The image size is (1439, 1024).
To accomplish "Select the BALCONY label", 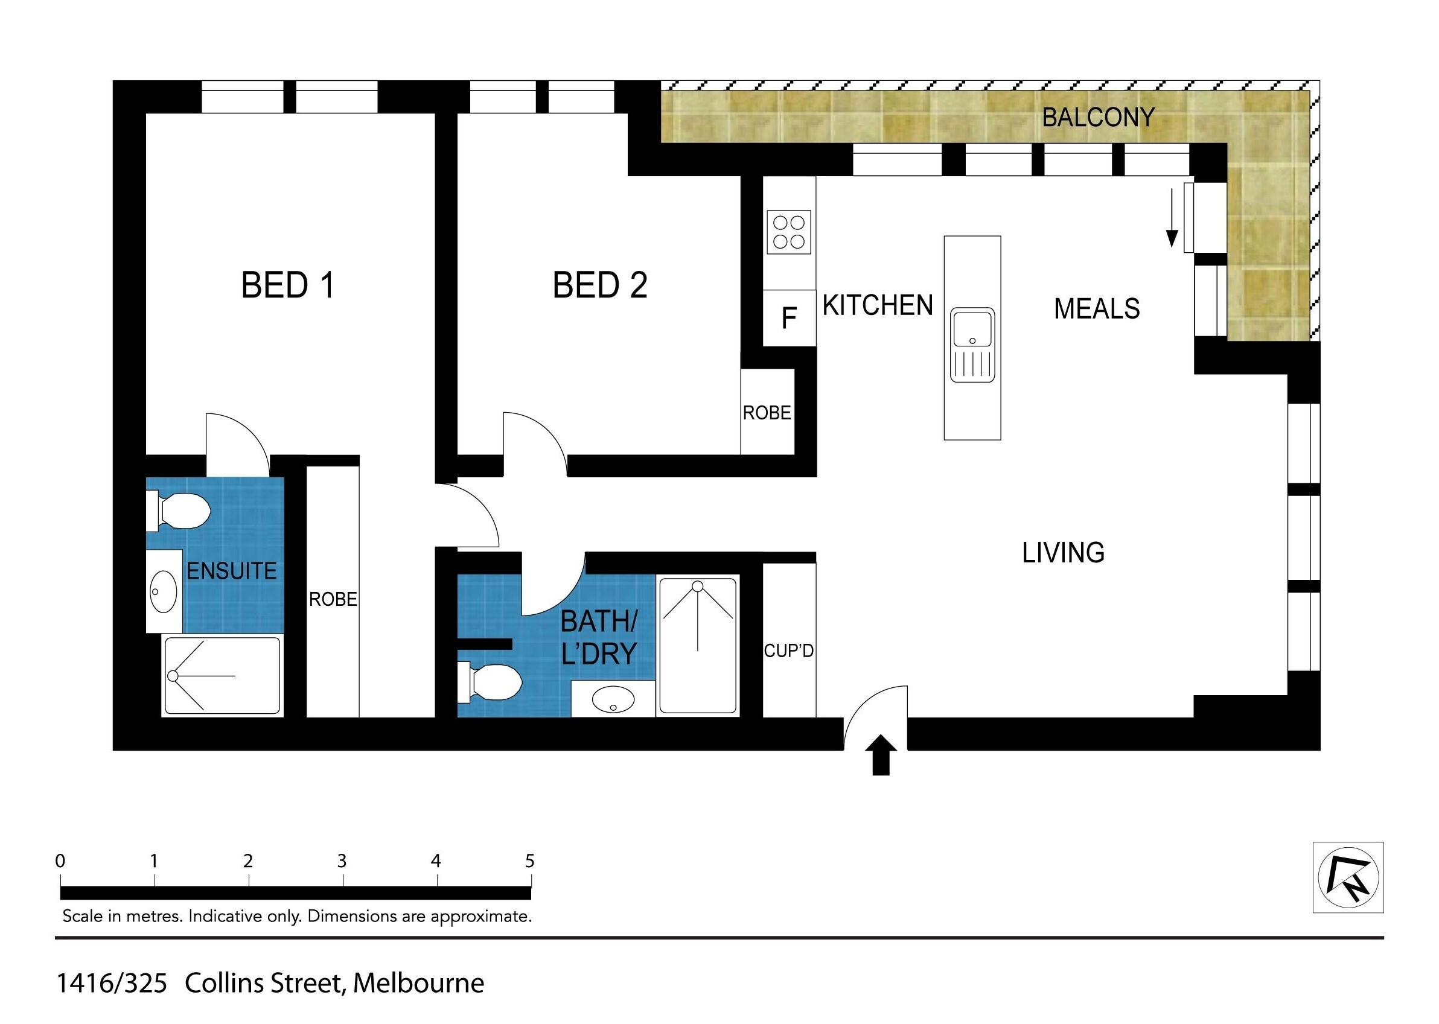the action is tap(1098, 117).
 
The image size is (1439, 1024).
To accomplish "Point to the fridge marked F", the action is tap(789, 318).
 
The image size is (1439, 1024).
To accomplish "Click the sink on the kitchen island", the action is tap(972, 345).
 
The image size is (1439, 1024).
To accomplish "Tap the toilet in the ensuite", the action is tap(179, 510).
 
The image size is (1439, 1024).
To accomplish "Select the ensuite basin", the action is tap(164, 591).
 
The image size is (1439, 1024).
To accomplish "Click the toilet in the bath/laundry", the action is tap(490, 682).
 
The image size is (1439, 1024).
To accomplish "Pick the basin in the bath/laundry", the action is tap(613, 699).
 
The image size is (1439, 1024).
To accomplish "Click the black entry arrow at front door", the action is tap(880, 755).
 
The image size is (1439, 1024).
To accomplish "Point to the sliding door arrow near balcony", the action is tap(1172, 218).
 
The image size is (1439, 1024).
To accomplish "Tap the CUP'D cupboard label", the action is tap(788, 650).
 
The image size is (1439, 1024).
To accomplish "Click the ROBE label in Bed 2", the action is tap(767, 413).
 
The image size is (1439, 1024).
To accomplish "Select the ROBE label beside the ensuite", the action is tap(333, 599).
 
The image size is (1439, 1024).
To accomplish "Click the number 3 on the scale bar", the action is tap(342, 860).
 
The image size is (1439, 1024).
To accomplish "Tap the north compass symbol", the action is tap(1348, 877).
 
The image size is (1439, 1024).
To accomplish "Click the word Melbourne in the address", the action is tap(419, 983).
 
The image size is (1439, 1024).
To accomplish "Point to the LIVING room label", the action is tap(1063, 553).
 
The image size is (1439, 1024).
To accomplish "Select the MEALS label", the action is tap(1097, 309).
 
